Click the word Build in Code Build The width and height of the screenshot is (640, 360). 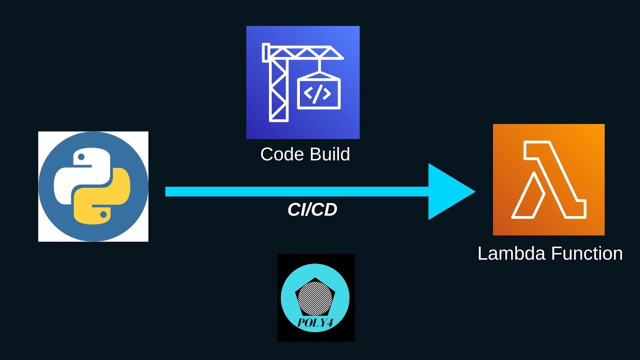tap(328, 154)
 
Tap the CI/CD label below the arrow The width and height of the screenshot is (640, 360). tap(312, 210)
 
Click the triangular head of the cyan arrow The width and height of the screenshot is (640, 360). tap(447, 191)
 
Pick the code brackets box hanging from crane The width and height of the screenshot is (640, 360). tap(319, 93)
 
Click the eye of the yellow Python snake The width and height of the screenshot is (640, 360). tap(103, 214)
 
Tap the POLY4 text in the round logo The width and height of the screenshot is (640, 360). tap(315, 322)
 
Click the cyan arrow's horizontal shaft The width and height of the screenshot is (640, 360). tap(295, 191)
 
